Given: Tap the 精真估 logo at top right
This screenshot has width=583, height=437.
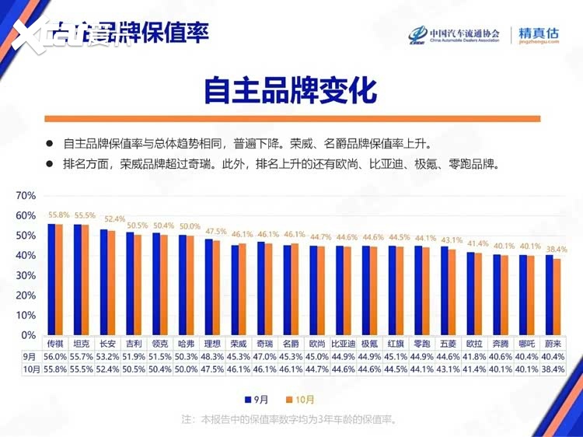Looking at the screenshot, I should [539, 35].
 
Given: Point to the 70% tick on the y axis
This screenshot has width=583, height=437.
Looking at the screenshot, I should [26, 195].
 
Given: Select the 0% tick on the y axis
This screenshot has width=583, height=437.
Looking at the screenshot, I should [29, 335].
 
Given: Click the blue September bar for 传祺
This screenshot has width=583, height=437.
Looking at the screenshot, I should [51, 279].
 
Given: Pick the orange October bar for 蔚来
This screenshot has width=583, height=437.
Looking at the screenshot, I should [557, 296].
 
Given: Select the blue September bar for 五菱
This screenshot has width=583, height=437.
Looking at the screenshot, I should [444, 290].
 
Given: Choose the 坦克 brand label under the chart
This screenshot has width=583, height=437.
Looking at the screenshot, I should [81, 343].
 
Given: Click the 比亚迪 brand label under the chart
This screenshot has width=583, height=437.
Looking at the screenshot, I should [343, 343].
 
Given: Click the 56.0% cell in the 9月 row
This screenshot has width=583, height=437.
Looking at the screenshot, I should [54, 356].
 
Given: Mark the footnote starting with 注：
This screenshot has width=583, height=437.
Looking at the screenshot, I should [290, 420].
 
